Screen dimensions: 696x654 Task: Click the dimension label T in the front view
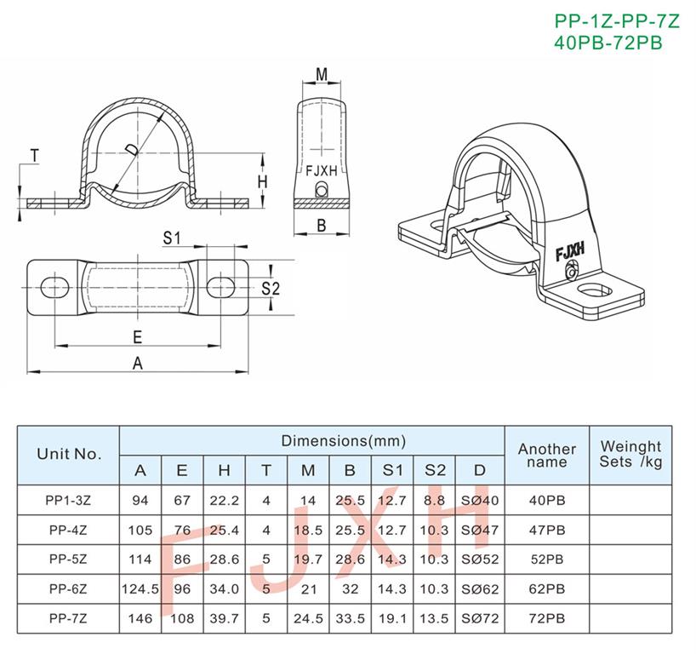coord(34,156)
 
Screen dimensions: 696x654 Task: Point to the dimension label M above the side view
coord(322,74)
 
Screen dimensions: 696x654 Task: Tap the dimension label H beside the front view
coord(263,181)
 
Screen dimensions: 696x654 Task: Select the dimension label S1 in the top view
coord(172,238)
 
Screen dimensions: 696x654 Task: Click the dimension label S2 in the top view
coord(271,289)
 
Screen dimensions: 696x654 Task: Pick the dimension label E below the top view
coord(138,337)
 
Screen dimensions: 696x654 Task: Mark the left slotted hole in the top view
coord(55,287)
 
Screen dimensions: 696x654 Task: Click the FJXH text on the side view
coord(322,170)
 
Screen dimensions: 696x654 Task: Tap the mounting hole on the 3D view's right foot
coord(595,291)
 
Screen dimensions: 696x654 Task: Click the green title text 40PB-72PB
coord(608,43)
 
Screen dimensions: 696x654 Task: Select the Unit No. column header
coord(69,454)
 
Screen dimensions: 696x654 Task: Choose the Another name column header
coord(547,456)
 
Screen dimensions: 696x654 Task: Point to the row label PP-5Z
coord(68,559)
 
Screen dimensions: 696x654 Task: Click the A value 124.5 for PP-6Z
coord(140,588)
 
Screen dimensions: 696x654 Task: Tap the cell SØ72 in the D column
coord(480,618)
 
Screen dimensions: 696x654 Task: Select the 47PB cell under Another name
coord(547,530)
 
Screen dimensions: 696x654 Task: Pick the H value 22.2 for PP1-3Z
coord(224,500)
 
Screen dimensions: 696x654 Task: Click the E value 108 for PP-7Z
coord(182,618)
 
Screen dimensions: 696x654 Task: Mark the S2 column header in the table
coord(435,470)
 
